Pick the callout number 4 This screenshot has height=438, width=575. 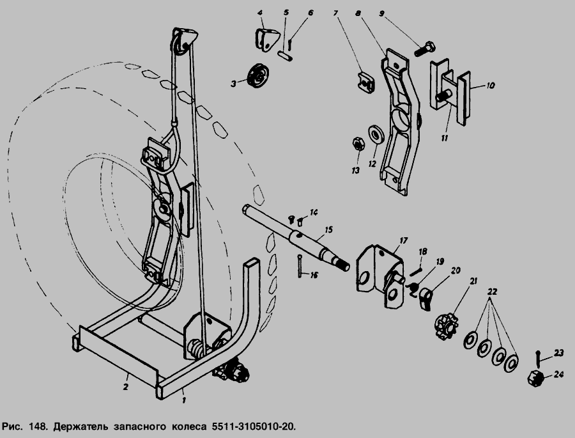(x=259, y=13)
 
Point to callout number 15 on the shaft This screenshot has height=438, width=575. (x=328, y=229)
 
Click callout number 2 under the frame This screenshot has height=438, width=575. (x=126, y=386)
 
